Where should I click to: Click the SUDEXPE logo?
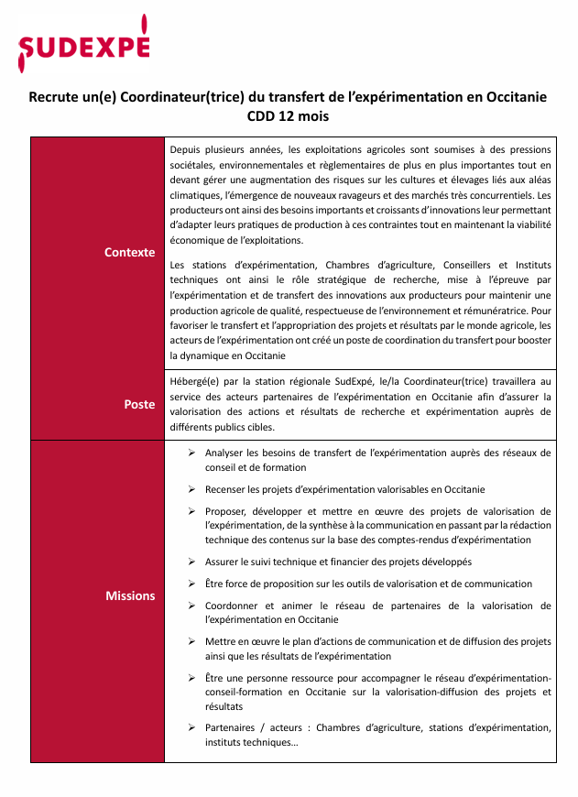coord(82,44)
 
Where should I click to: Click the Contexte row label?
coord(129,252)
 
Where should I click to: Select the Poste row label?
coord(139,404)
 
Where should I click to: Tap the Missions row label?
coord(130,595)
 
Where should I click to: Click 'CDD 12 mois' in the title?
coord(288,116)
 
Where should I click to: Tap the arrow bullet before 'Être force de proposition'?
coord(191,584)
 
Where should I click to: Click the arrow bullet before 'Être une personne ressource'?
coord(191,678)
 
